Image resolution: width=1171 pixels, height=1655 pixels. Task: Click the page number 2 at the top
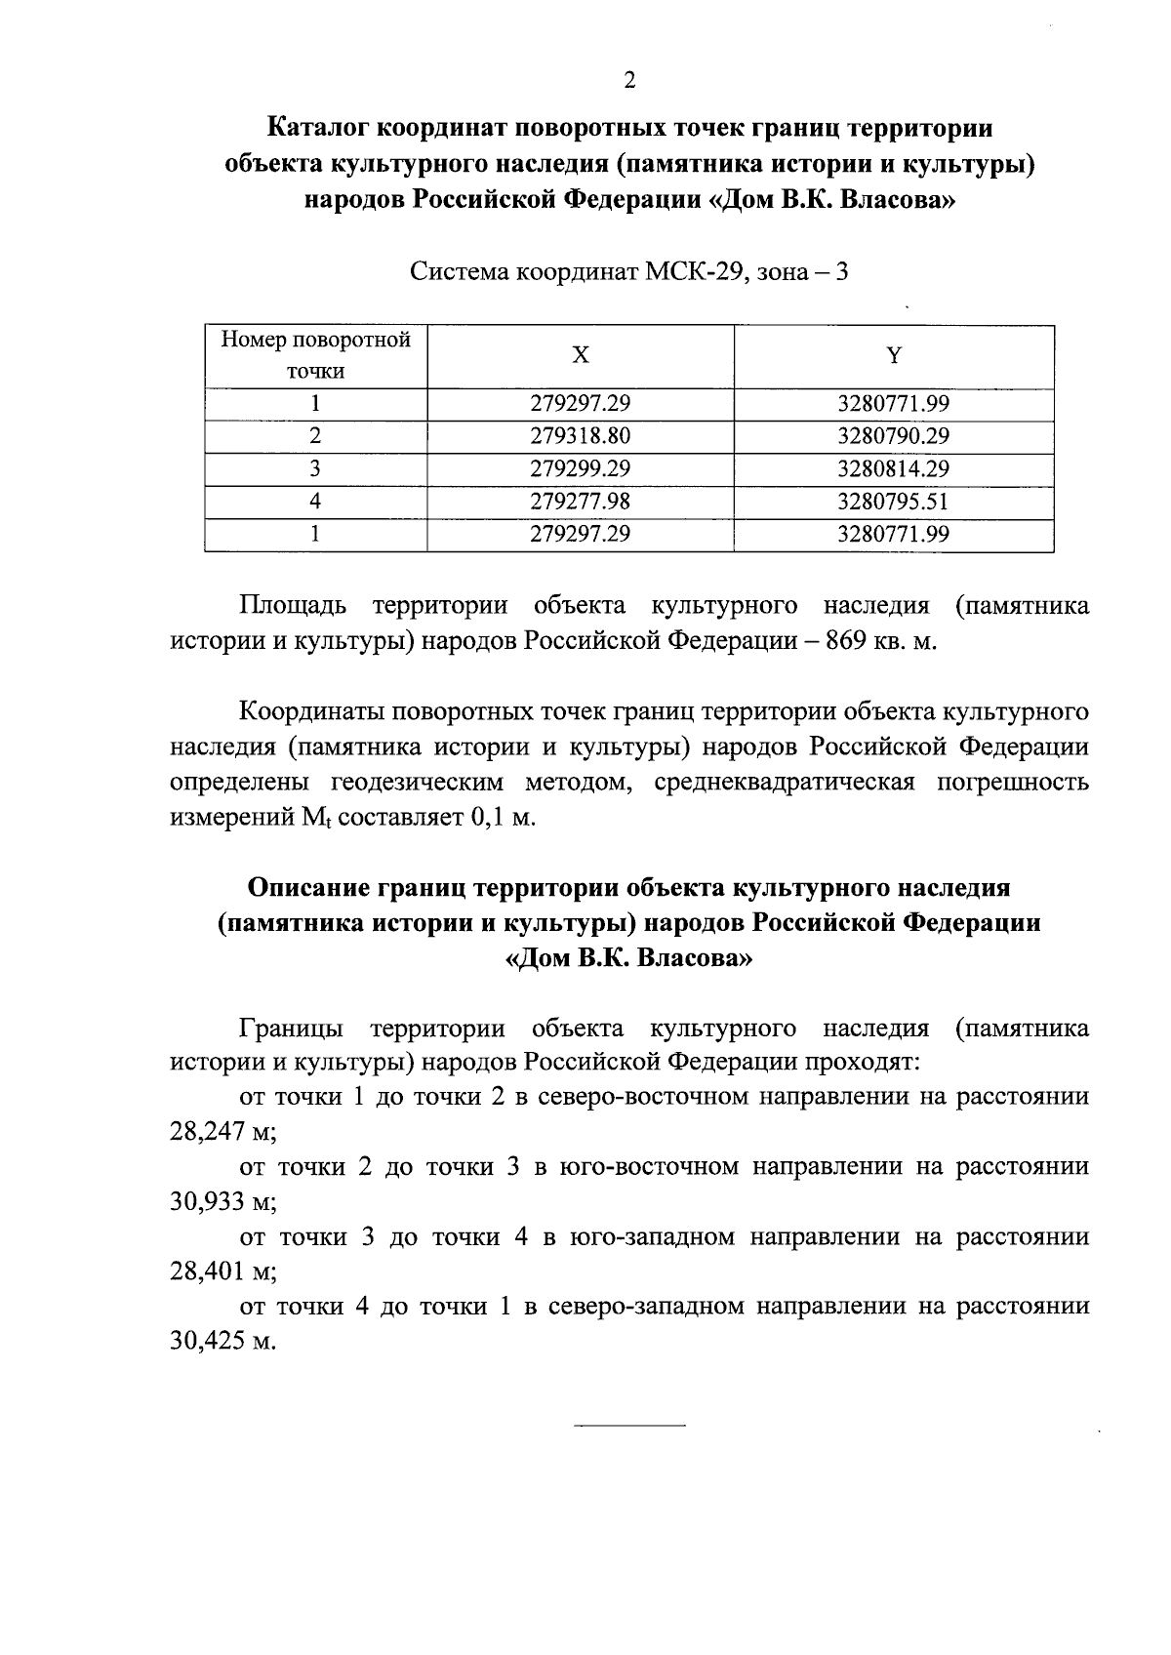629,81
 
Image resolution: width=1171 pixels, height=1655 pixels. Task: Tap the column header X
581,356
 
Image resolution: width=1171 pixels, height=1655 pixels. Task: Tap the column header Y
893,356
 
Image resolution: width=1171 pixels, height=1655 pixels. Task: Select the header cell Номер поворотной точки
316,355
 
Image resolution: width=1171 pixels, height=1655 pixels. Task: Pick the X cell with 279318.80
581,436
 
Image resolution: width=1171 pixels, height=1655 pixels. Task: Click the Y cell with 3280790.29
893,436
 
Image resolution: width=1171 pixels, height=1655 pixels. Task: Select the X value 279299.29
581,468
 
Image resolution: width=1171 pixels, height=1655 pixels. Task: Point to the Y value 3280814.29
893,468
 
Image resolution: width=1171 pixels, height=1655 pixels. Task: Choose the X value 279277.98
581,502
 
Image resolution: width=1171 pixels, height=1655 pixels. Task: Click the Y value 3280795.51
893,502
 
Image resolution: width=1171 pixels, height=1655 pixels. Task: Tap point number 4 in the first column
315,502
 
